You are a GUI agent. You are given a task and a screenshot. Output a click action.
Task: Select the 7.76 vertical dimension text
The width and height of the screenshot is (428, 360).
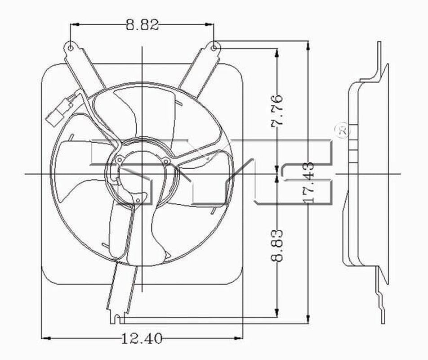point(278,110)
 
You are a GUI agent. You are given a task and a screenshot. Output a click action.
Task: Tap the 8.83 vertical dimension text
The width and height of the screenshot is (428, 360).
point(278,245)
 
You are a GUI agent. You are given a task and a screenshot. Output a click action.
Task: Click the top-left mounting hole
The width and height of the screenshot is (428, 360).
point(71,47)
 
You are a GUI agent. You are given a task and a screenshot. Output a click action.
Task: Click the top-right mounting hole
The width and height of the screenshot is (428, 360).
point(214,47)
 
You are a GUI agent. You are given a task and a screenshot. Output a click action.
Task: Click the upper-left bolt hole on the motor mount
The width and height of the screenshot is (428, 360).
point(119,159)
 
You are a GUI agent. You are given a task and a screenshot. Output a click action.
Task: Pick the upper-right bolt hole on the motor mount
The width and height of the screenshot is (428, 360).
point(166,161)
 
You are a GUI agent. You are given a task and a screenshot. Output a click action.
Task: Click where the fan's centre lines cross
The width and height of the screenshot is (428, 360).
point(142,174)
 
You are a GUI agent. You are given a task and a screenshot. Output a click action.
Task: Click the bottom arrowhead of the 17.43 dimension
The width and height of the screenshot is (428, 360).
point(308,317)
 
